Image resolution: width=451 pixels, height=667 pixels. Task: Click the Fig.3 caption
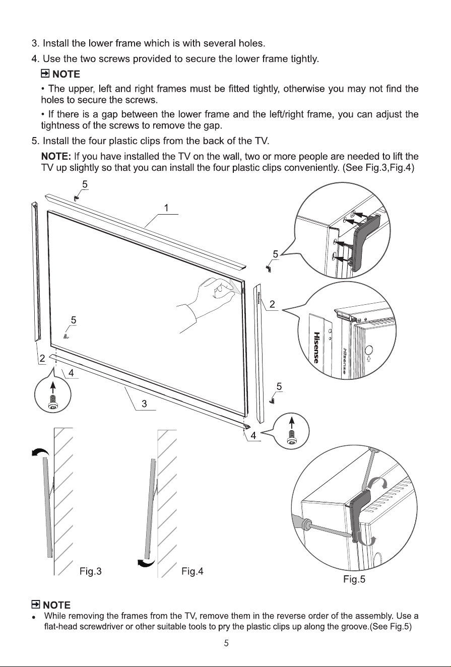(x=91, y=571)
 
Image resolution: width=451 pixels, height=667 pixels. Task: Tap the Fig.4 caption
(x=192, y=571)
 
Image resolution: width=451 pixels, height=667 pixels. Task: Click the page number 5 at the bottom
(x=226, y=643)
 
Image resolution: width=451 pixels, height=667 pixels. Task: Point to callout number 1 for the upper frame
(x=166, y=208)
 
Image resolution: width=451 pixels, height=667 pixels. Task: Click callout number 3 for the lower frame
(x=144, y=404)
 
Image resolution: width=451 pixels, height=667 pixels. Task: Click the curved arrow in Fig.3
(x=40, y=452)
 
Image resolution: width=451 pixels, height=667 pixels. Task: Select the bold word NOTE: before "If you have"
(x=56, y=156)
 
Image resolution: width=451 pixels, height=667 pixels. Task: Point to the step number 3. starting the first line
(x=35, y=43)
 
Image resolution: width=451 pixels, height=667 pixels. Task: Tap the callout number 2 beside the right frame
(x=272, y=304)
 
